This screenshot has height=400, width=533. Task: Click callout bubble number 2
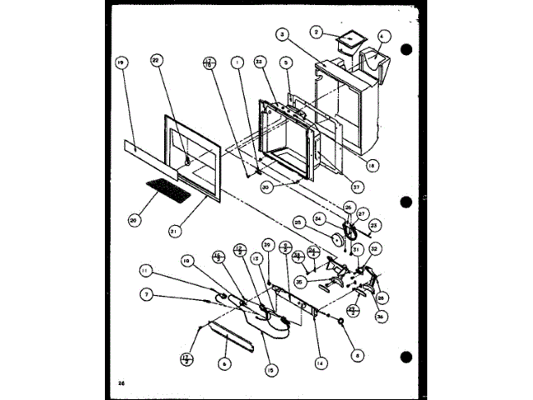pyautogui.click(x=316, y=32)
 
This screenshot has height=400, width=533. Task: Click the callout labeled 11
pyautogui.click(x=147, y=270)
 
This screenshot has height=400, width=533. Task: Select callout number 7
pyautogui.click(x=147, y=294)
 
